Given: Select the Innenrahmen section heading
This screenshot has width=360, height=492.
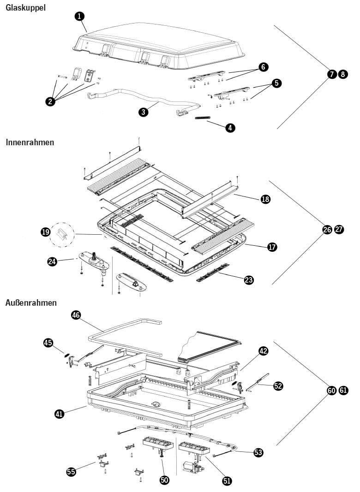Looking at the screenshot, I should (30, 142).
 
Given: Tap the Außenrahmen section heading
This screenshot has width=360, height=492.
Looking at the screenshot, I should (31, 303).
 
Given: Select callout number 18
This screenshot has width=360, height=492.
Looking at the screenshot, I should (265, 199).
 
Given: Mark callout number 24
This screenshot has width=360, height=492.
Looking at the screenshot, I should (52, 261).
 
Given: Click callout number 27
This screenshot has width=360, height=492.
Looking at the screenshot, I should (339, 230).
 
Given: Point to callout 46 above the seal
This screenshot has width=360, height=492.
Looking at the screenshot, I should (76, 315).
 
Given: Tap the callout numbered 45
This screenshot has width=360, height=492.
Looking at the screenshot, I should (48, 343).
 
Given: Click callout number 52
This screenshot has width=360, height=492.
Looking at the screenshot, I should (278, 386).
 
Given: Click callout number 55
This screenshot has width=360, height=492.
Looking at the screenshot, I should (72, 471).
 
